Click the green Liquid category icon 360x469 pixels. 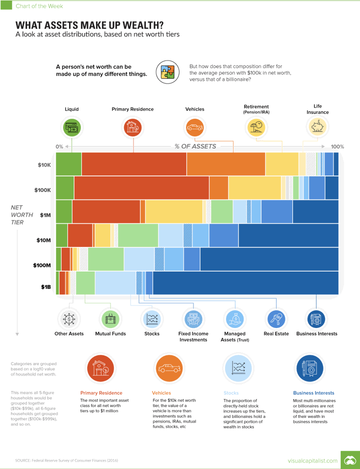click(71, 128)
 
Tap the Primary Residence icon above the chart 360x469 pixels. click(133, 128)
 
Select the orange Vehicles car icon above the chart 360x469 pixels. click(194, 128)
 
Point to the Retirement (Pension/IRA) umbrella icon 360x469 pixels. click(256, 128)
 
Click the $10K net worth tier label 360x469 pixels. click(44, 164)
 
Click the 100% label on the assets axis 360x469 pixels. click(337, 146)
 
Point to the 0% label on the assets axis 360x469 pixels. click(59, 146)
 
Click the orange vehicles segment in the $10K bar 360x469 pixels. click(226, 164)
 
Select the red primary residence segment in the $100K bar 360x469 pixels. click(141, 188)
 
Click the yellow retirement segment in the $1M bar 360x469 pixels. click(173, 211)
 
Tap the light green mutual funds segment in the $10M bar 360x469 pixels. click(138, 235)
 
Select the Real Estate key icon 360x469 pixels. click(276, 318)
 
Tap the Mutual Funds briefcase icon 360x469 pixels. click(110, 318)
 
